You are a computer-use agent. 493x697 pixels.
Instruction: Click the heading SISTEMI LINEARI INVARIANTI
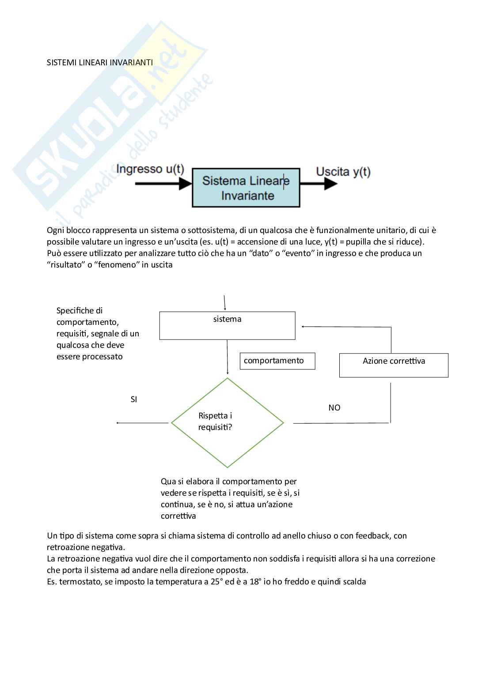[x=100, y=62]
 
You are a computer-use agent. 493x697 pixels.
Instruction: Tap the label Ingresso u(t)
[x=150, y=170]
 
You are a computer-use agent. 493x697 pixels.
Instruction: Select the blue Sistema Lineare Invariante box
[x=246, y=188]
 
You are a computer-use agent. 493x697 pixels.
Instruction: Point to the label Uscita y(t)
[x=343, y=172]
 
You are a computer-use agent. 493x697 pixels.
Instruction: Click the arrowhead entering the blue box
[x=186, y=185]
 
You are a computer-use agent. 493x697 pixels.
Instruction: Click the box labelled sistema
[x=227, y=326]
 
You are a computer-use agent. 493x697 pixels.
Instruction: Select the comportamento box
[x=277, y=361]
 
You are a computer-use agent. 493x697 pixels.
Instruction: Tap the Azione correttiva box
[x=394, y=365]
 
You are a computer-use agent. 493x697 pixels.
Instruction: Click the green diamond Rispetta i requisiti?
[x=227, y=422]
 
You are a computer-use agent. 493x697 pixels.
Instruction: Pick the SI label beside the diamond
[x=134, y=399]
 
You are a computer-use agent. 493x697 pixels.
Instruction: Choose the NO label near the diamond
[x=334, y=408]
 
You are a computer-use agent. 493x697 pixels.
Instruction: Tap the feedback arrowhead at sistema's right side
[x=303, y=327]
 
